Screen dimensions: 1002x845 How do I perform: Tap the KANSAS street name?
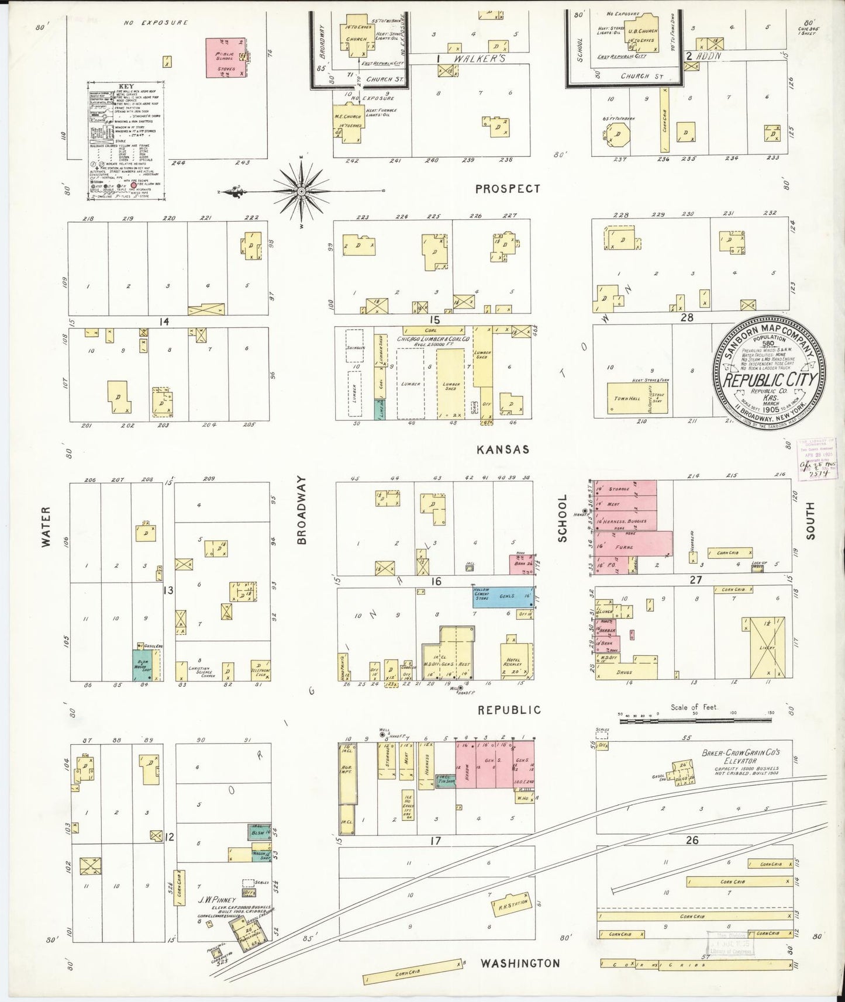(x=503, y=449)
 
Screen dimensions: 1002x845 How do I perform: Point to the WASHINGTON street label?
(x=520, y=963)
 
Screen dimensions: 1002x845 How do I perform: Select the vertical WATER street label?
(x=46, y=526)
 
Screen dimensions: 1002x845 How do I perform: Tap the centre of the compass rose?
(x=301, y=191)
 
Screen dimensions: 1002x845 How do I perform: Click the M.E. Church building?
(x=347, y=123)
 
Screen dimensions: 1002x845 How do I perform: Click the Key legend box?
(x=126, y=140)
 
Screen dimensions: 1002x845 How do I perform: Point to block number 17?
(x=435, y=841)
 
